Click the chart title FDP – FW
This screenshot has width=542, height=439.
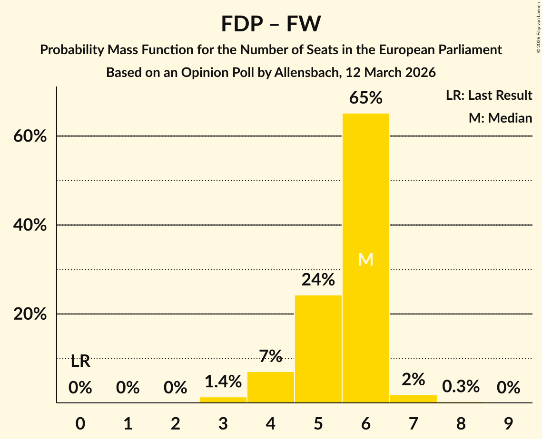pyautogui.click(x=271, y=24)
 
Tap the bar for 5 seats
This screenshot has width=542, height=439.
pyautogui.click(x=318, y=349)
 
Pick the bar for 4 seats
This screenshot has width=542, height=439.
pyautogui.click(x=271, y=387)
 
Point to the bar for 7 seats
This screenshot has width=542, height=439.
pyautogui.click(x=413, y=399)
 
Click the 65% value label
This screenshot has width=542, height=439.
pyautogui.click(x=365, y=98)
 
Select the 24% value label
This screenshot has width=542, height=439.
pyautogui.click(x=318, y=280)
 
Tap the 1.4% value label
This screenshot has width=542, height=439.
pyautogui.click(x=223, y=381)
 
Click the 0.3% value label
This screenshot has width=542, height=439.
pyautogui.click(x=461, y=386)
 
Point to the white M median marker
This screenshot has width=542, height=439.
pyautogui.click(x=365, y=259)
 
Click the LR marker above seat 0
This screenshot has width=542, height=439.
pyautogui.click(x=80, y=362)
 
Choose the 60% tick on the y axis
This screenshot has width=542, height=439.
pyautogui.click(x=30, y=137)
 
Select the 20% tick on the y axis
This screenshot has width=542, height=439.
pyautogui.click(x=30, y=315)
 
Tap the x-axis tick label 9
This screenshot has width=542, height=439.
pyautogui.click(x=508, y=423)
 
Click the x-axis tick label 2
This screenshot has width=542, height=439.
pyautogui.click(x=176, y=423)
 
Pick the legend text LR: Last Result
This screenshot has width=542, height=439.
pyautogui.click(x=489, y=95)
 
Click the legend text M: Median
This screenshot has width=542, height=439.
pyautogui.click(x=500, y=118)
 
